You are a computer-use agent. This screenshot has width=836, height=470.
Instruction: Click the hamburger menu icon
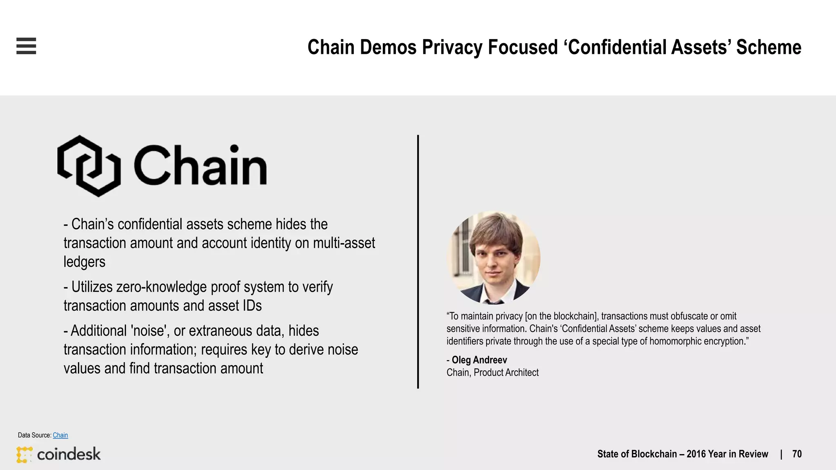26,46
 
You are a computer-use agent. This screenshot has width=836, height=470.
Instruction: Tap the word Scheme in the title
769,47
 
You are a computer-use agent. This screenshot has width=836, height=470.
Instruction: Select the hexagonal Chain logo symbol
89,166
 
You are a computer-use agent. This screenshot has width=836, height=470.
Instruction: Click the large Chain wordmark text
200,166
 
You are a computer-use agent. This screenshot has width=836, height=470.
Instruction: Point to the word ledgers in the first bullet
84,262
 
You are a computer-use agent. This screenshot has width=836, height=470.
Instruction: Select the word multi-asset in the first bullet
344,243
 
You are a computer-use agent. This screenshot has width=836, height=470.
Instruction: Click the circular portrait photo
494,257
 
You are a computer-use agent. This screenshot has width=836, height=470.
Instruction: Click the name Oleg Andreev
479,360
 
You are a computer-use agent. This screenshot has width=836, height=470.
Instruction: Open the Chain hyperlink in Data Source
60,435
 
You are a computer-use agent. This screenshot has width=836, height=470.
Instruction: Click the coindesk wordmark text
69,454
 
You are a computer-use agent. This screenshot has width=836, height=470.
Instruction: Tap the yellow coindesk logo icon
24,454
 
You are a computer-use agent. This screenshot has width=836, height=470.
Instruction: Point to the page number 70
797,454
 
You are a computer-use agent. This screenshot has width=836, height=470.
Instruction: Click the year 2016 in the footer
697,454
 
